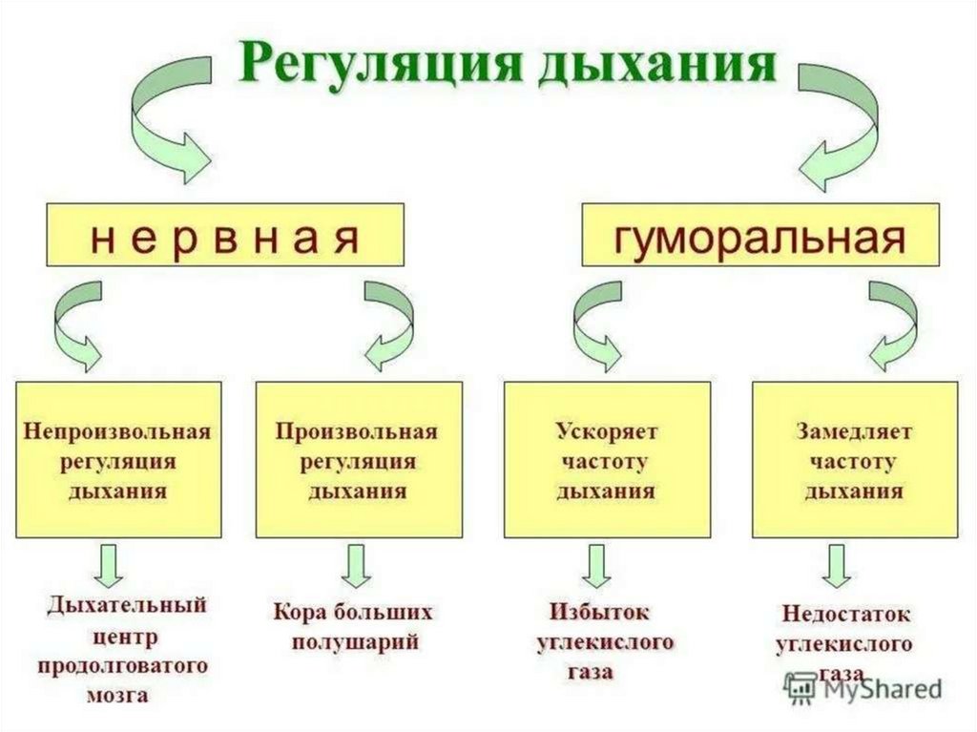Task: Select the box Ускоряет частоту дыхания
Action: pyautogui.click(x=607, y=459)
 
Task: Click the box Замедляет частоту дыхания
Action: pyautogui.click(x=855, y=459)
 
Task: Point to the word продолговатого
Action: pyautogui.click(x=123, y=664)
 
